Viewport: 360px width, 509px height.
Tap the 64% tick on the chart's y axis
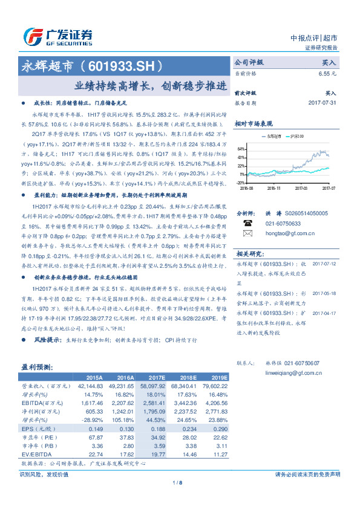click(241, 148)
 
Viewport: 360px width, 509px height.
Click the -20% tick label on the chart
click(240, 182)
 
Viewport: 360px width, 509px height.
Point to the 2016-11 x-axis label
click(275, 188)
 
